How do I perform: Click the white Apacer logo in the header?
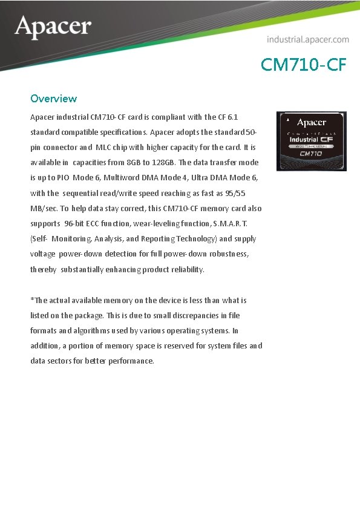[53, 27]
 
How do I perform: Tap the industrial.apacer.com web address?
[308, 39]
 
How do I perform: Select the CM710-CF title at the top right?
[304, 65]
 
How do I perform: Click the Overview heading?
[53, 98]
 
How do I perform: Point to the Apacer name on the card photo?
[312, 122]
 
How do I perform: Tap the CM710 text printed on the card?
[311, 154]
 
